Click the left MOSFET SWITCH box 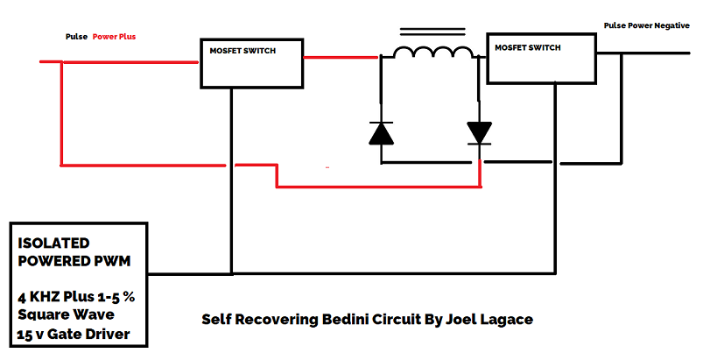pos(251,63)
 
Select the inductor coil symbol pos(432,54)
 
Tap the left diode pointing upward pos(381,132)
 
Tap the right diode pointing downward pos(479,131)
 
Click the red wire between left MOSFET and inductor pos(341,57)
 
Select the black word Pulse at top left pos(76,38)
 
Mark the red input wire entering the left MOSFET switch pos(131,61)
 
